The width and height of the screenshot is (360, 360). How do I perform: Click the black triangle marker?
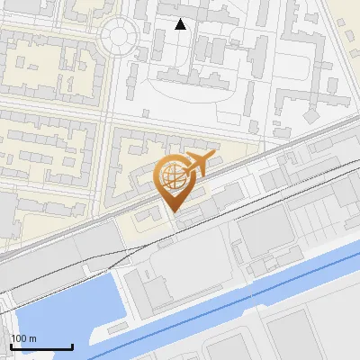coord(180,24)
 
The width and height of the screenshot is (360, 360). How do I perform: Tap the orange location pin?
coord(177,180)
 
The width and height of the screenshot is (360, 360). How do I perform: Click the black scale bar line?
coord(41,346)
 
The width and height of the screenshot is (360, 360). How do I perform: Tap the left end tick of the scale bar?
coord(11,345)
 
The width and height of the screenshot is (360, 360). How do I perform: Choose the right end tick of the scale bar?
coord(72,345)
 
